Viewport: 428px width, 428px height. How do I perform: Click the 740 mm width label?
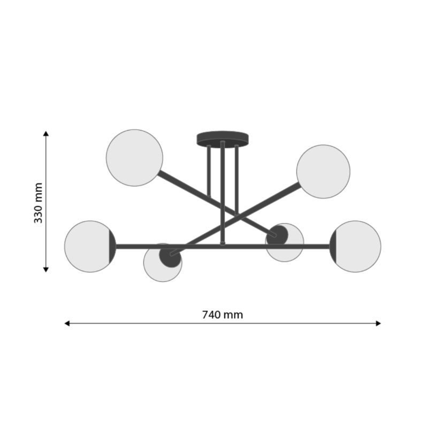tap(223, 315)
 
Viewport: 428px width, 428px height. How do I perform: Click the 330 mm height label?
tap(38, 203)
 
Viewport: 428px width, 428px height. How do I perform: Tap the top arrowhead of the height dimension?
tap(46, 133)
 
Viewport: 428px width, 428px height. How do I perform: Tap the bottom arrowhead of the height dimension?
tap(46, 270)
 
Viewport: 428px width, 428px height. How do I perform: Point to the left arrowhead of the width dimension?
tap(67, 324)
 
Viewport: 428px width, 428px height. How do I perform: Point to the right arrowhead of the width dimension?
tap(378, 324)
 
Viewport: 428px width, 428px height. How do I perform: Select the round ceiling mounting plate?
tap(223, 139)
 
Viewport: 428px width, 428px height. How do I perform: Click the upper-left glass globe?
tap(135, 158)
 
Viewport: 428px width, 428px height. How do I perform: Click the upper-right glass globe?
tap(323, 172)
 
